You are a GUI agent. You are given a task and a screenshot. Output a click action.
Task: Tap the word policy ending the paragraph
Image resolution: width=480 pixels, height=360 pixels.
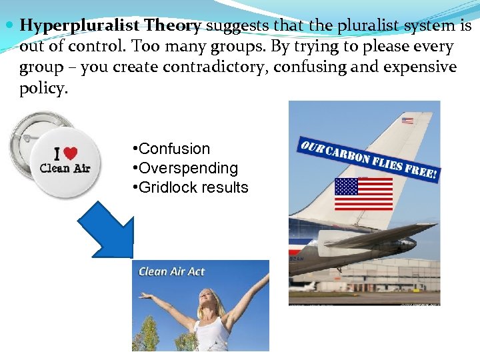(x=43, y=89)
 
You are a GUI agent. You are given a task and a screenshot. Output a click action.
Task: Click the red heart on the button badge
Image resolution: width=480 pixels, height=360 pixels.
(x=70, y=153)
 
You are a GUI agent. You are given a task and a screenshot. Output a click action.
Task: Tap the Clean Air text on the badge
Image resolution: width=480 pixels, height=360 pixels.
(x=65, y=169)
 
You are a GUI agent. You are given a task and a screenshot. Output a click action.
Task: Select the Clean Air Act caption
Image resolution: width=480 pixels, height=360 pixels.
(x=171, y=271)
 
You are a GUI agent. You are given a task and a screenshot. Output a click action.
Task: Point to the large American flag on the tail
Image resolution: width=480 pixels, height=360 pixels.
(x=363, y=193)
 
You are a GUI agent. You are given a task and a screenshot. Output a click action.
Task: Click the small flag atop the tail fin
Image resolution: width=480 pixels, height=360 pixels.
(x=407, y=121)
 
